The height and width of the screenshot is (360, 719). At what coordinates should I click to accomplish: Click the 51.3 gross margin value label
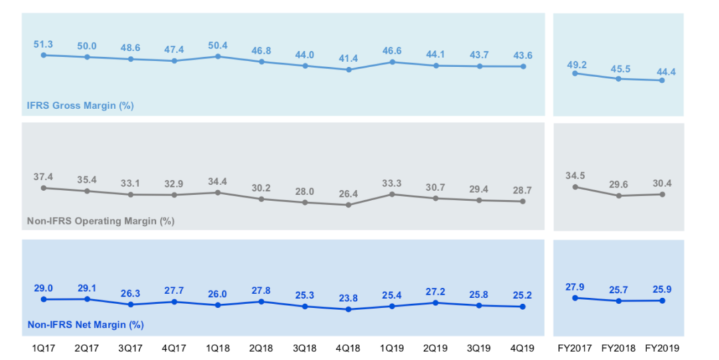click(43, 44)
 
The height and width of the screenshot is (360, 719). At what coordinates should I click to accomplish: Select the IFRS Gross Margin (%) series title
click(80, 105)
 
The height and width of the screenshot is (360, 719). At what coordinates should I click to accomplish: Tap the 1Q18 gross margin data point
click(218, 57)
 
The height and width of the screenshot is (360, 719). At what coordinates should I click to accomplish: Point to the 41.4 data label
click(348, 59)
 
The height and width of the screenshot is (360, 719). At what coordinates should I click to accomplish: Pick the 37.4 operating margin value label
click(43, 177)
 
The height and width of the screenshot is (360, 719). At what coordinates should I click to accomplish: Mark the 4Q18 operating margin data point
click(348, 205)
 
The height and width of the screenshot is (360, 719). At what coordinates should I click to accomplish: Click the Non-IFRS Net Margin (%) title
click(85, 325)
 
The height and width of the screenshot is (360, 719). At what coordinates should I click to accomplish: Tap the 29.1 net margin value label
click(87, 288)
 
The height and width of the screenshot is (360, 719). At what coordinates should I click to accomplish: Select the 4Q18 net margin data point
click(348, 309)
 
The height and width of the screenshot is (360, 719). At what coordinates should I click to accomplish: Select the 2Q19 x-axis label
click(435, 348)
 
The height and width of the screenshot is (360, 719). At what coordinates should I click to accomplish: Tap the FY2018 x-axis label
click(618, 348)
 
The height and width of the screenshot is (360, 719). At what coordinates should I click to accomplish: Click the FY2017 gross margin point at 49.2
click(575, 73)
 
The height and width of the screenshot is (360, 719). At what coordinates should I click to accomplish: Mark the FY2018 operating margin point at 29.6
click(618, 196)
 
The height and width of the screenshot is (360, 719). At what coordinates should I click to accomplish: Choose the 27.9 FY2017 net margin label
click(575, 287)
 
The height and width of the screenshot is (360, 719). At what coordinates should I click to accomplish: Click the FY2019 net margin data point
click(662, 300)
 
